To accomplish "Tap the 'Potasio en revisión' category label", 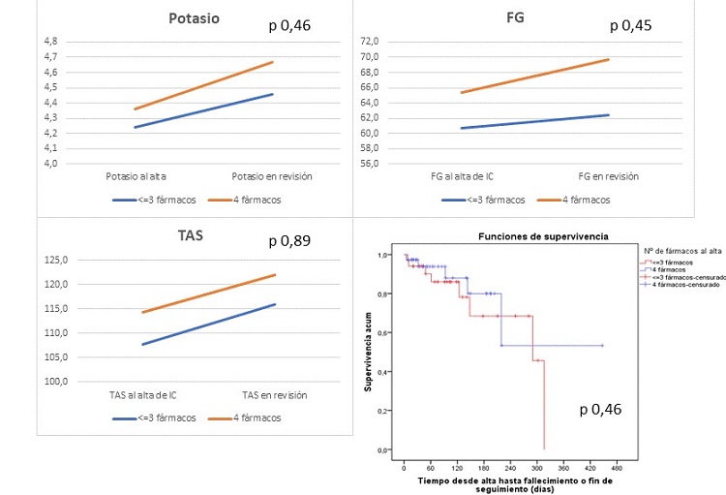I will (x=271, y=176).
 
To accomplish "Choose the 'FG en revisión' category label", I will (x=610, y=176).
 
